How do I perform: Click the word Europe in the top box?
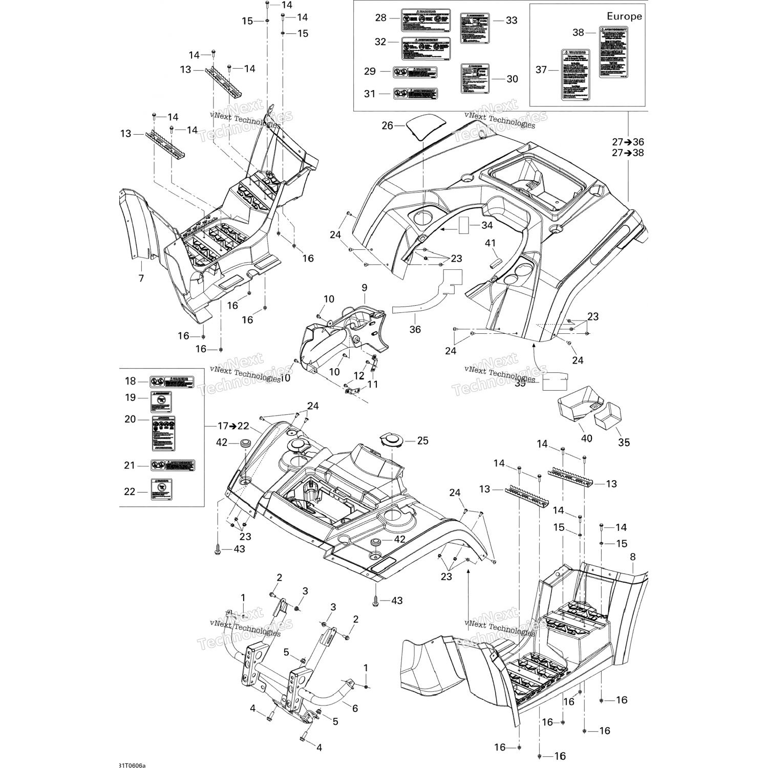(624, 16)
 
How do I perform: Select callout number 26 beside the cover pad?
(388, 125)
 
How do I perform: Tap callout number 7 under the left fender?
(141, 279)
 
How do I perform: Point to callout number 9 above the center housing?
(364, 288)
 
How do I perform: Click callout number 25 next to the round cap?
(422, 441)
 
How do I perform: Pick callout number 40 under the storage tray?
(586, 438)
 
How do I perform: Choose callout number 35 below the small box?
(624, 442)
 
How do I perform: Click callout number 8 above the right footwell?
(632, 557)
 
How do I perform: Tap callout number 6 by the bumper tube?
(355, 708)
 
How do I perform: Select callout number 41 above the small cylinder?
(490, 244)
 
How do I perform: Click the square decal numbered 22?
(160, 489)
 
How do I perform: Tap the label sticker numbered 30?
(475, 78)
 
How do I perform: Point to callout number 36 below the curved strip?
(415, 329)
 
